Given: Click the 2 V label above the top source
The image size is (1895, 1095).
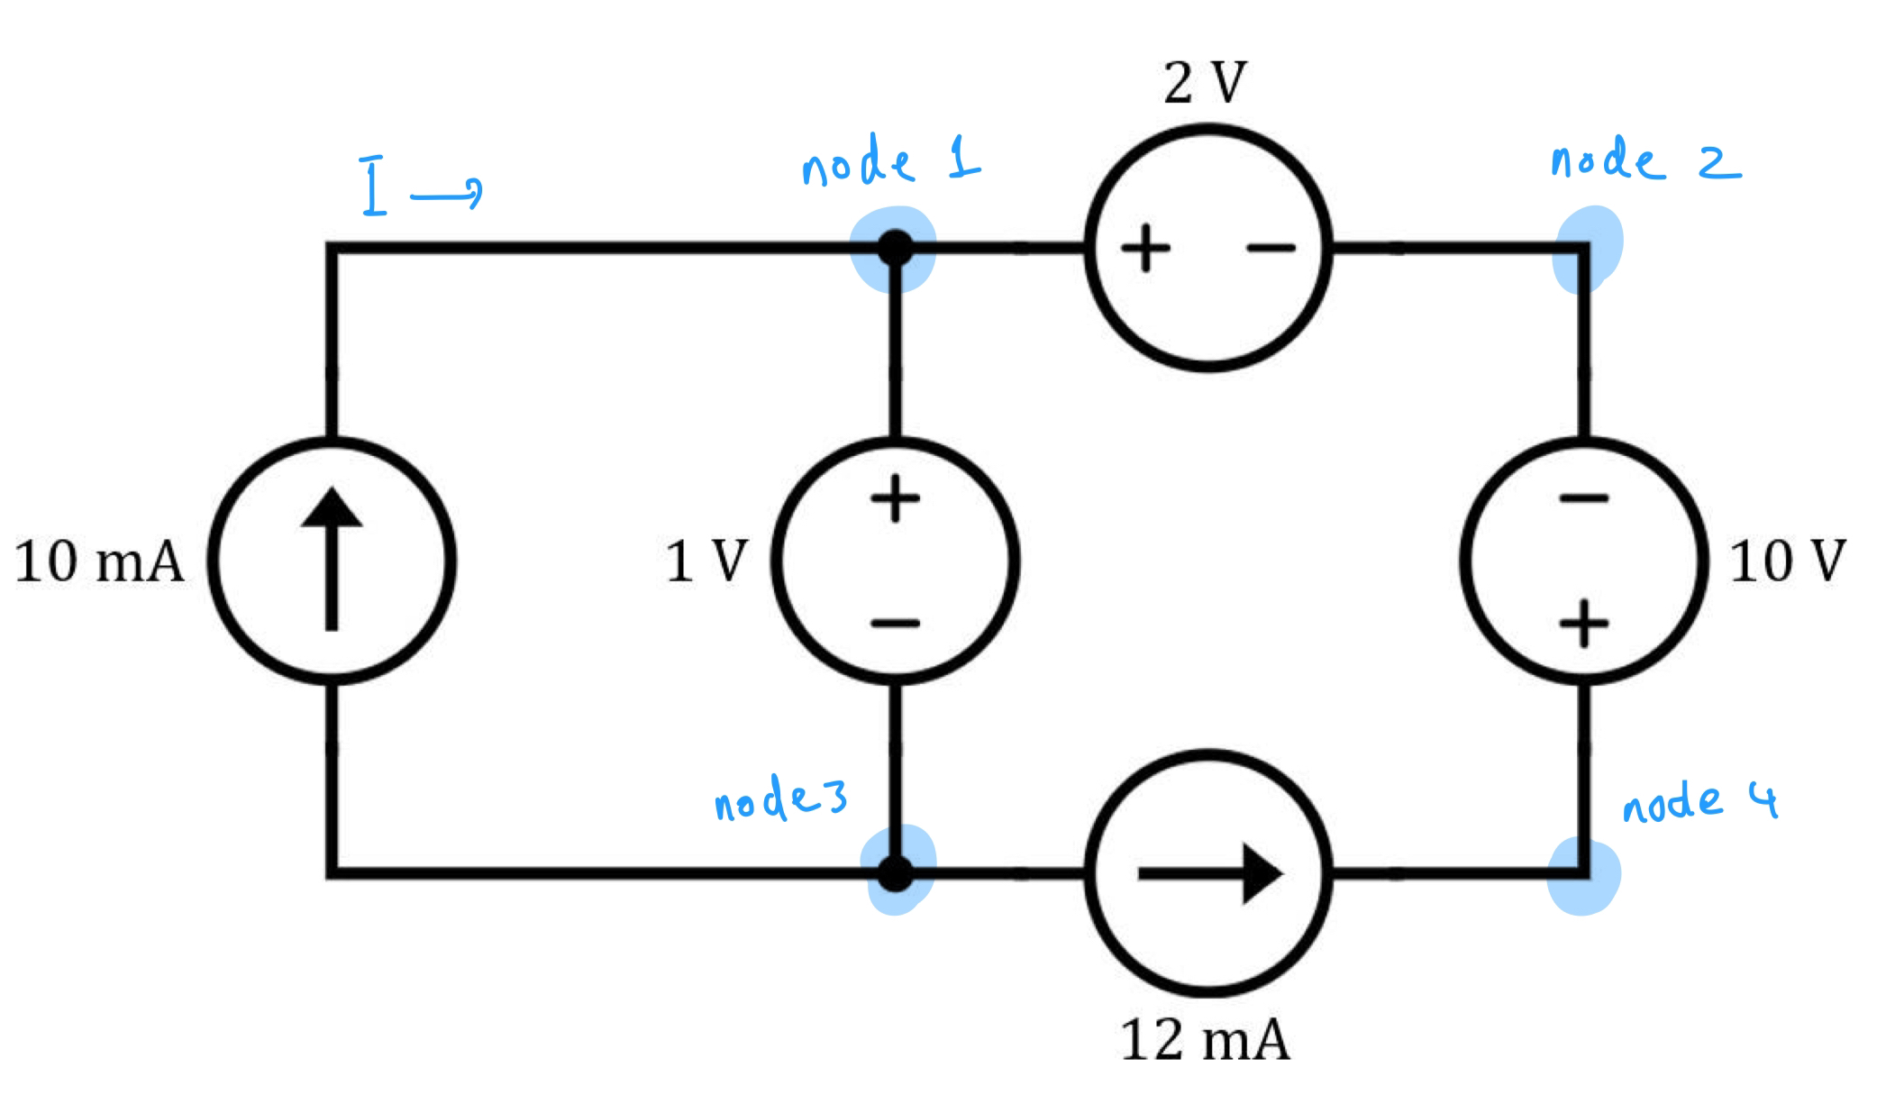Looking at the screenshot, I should click(1205, 84).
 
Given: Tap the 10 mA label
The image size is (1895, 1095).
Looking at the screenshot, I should click(99, 561).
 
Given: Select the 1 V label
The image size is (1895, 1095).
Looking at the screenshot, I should click(707, 561).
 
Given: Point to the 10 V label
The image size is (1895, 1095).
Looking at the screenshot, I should click(1787, 561).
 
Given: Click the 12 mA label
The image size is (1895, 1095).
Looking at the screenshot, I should click(1205, 1040).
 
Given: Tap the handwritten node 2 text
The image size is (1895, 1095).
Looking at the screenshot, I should click(1644, 162).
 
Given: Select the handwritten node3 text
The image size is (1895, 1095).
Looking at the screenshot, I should click(780, 800).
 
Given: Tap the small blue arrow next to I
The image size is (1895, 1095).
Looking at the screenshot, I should click(446, 192).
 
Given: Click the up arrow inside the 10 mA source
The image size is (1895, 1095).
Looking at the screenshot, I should click(332, 559).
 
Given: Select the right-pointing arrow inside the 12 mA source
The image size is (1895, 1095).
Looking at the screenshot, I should click(1209, 873).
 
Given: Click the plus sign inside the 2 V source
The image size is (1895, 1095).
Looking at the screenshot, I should click(1144, 247).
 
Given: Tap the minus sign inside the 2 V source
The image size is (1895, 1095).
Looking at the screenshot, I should click(1271, 247).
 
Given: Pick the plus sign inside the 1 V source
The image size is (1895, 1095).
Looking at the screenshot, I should click(894, 498).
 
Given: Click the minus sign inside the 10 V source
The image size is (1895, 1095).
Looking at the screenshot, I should click(1583, 497).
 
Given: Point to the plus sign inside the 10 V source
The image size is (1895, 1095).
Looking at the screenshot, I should click(1583, 624).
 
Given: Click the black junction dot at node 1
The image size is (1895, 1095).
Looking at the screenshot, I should click(895, 248).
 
